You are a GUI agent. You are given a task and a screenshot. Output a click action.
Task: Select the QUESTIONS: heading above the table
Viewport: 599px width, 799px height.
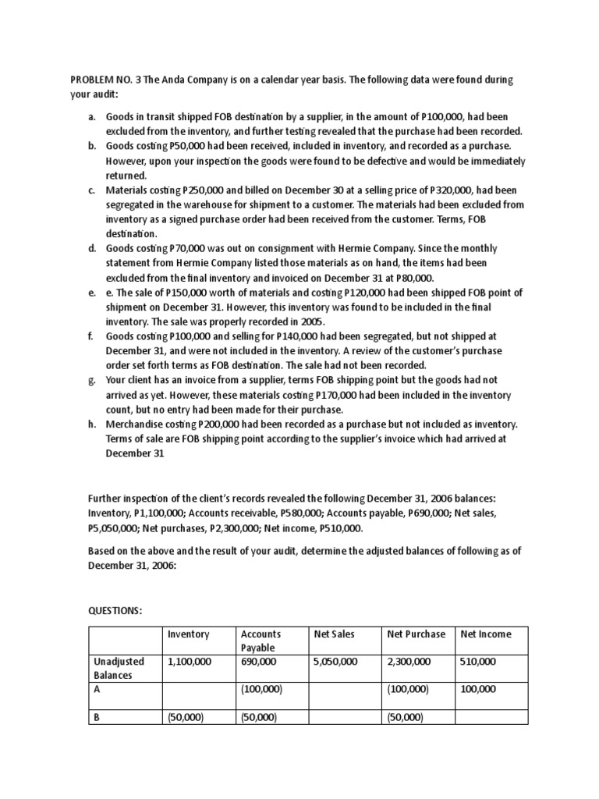(115, 609)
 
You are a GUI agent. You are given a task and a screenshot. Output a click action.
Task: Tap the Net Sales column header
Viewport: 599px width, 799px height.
(334, 634)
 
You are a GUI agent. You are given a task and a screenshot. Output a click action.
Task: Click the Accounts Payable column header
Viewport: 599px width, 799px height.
(261, 641)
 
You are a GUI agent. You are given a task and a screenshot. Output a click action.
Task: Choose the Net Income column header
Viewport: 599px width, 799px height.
(486, 634)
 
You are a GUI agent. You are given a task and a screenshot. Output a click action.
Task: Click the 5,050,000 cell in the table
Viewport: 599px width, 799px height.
(335, 662)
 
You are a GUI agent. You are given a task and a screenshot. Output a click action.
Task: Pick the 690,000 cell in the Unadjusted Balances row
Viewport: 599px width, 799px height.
(258, 662)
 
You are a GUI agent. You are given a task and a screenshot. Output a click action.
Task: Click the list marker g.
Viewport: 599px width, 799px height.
(91, 380)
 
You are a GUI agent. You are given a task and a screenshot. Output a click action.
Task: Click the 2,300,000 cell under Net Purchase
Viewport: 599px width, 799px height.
(409, 662)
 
